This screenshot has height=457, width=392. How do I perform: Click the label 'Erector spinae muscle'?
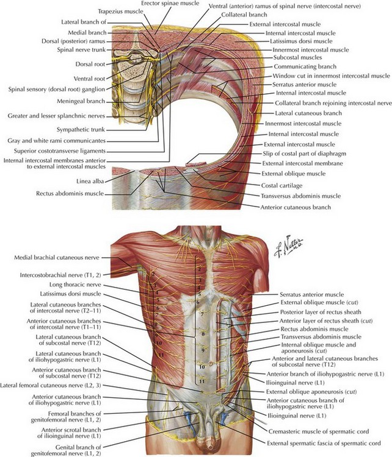pos(170,4)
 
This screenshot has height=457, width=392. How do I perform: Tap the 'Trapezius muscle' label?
pos(121,12)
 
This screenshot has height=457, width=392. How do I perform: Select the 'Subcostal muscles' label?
pos(297,57)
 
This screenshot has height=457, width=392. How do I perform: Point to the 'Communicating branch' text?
pos(305,66)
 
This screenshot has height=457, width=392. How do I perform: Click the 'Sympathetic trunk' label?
pos(81,130)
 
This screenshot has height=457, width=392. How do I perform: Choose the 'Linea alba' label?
pos(90,182)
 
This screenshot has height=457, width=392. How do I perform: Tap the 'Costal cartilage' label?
pos(281,185)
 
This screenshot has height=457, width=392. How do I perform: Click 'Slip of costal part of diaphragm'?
pos(304,154)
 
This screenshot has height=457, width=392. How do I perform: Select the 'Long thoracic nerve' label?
pos(75,285)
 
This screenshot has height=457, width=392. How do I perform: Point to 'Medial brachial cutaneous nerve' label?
pos(57,258)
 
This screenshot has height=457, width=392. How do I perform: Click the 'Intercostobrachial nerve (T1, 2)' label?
pos(60,275)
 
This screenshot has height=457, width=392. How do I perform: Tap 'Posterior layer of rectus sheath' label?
pos(321,312)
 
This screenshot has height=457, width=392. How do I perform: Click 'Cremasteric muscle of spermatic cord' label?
pos(319,431)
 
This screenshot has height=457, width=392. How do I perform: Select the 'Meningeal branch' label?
pos(81,101)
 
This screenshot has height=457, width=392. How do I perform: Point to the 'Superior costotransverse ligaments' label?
pos(60,151)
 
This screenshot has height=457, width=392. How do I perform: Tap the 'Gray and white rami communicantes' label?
pos(57,141)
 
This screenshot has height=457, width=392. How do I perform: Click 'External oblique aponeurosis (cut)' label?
pos(311,392)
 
